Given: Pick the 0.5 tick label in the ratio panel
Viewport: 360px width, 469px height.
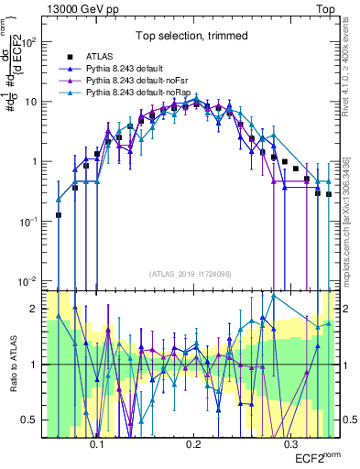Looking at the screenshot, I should point(34,420).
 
